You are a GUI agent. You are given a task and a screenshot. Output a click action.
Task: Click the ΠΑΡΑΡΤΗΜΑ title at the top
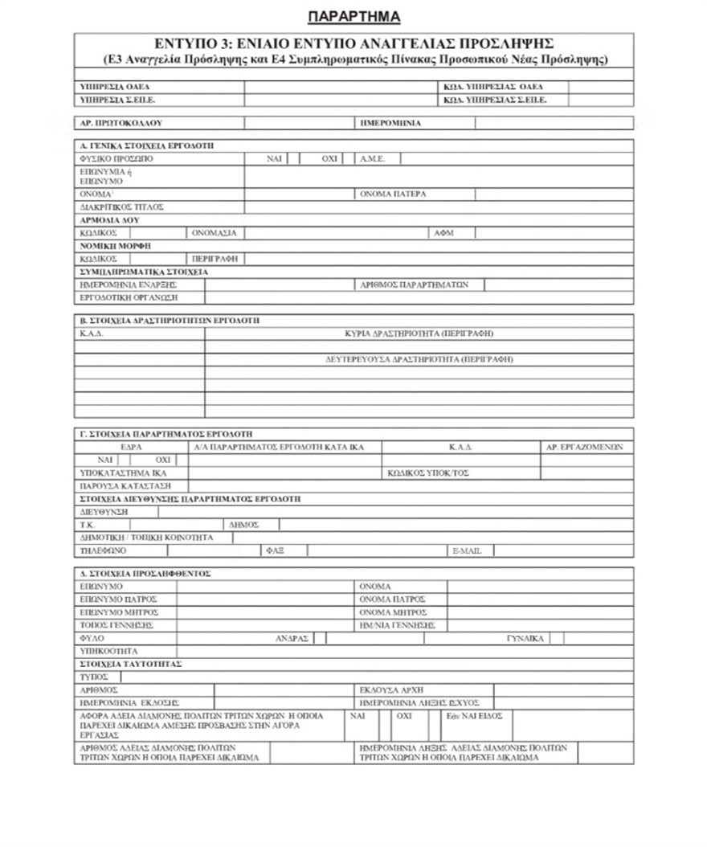(x=353, y=16)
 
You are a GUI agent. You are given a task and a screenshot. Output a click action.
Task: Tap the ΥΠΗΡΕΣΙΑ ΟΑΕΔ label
(x=116, y=86)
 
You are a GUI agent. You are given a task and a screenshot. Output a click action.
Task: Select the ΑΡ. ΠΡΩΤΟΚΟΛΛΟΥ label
(x=121, y=124)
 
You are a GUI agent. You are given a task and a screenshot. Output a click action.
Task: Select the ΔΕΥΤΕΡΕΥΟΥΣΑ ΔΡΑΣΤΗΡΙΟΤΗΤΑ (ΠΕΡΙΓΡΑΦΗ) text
(x=419, y=359)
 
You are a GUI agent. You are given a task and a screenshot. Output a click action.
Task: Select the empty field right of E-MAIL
(x=563, y=550)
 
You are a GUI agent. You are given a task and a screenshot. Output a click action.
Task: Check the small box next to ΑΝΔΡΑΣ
(x=320, y=638)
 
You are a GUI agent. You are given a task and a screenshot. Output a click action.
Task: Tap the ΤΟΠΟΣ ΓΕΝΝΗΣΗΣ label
(x=117, y=624)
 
